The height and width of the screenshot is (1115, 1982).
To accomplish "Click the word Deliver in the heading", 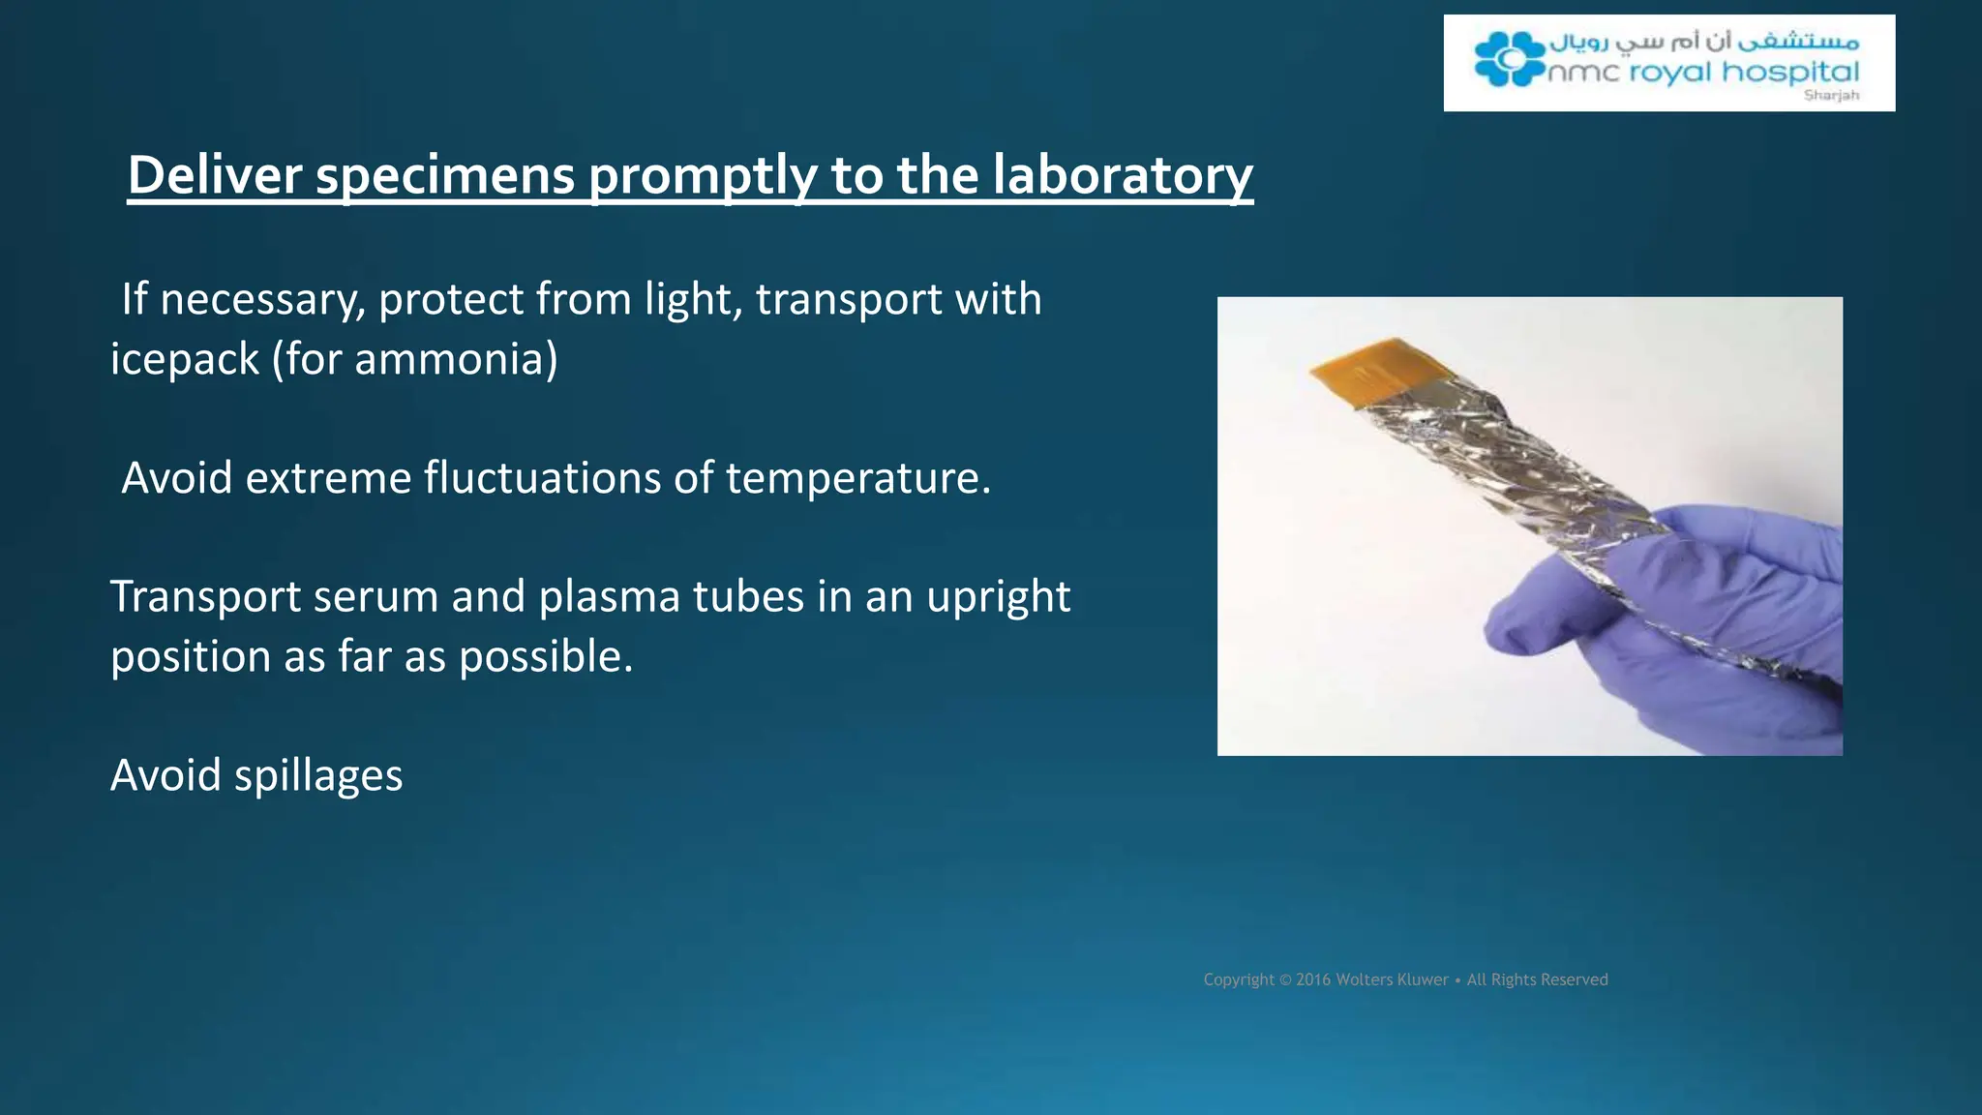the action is point(215,175).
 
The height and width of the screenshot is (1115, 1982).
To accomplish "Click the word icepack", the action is point(185,360).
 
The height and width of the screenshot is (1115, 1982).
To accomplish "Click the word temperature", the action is point(858,478).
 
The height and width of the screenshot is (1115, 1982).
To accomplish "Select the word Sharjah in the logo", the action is point(1831,95).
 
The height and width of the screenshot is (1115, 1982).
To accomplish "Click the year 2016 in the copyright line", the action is point(1313,979).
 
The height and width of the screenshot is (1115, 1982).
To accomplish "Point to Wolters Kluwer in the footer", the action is point(1392,979).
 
